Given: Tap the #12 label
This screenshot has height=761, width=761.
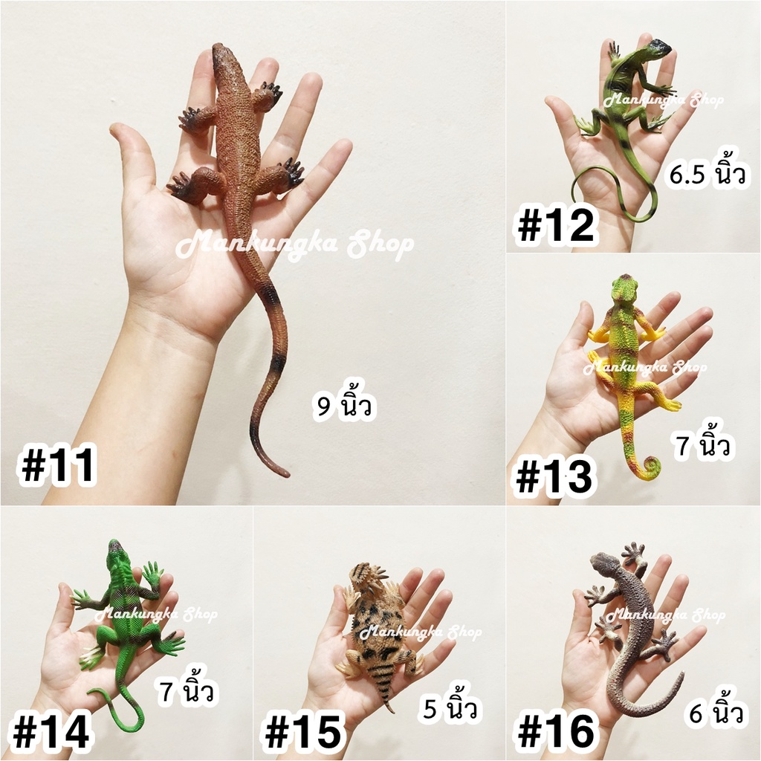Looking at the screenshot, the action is [556, 225].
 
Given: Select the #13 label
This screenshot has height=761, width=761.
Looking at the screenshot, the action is [554, 476].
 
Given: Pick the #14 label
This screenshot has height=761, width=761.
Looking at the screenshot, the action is [51, 731].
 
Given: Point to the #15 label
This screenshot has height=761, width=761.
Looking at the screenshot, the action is [303, 732].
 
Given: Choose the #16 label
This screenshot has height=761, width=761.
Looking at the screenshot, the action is [556, 732].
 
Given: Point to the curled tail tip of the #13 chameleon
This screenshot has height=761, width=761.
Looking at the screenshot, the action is [652, 467].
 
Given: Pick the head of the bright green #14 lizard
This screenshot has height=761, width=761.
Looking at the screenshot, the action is [115, 551].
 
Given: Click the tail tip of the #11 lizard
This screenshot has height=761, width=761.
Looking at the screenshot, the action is [285, 473].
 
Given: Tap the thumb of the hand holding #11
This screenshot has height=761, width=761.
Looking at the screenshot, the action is [130, 155].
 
